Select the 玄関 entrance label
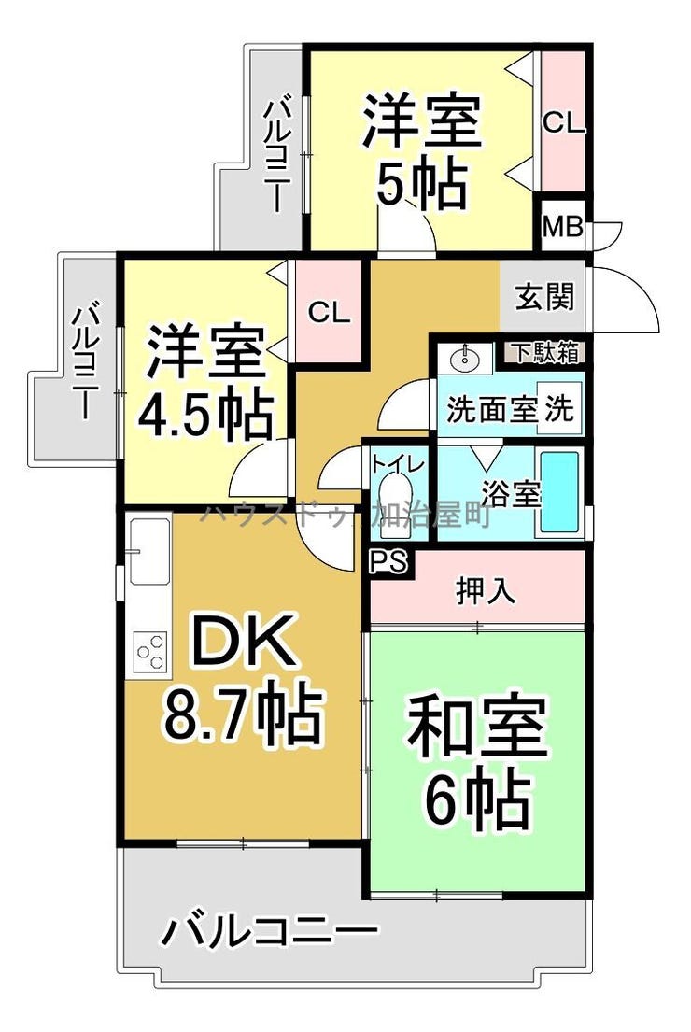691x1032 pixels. (544, 297)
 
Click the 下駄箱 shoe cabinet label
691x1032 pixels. (546, 352)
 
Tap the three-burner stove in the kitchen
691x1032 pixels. (151, 652)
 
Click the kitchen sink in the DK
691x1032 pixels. (149, 551)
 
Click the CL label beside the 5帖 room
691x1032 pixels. (563, 122)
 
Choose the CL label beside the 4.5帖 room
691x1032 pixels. (329, 313)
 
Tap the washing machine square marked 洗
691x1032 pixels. (559, 409)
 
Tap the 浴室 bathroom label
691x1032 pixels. (511, 494)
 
